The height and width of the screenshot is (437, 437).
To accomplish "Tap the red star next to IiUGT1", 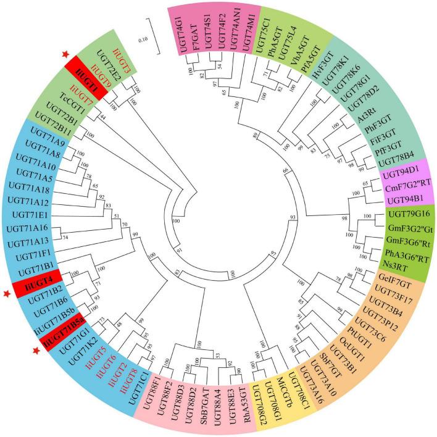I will (x=66, y=55).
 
